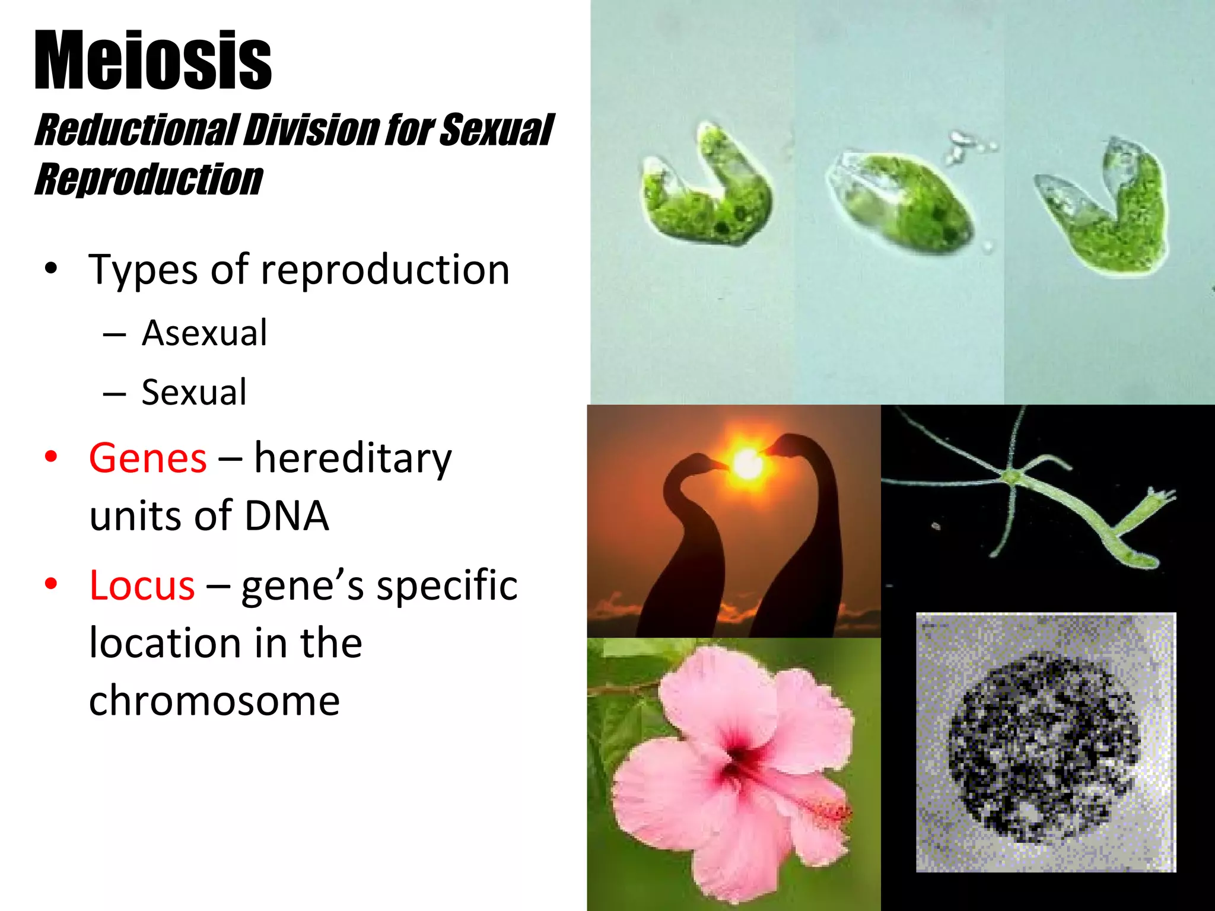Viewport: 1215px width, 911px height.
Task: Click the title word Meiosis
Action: click(153, 61)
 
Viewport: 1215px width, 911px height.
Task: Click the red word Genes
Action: click(148, 458)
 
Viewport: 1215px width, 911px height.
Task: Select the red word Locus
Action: click(142, 585)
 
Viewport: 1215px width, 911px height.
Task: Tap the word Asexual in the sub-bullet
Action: click(204, 333)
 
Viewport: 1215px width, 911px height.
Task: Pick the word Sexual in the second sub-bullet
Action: click(193, 392)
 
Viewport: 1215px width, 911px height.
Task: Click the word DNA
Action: click(286, 515)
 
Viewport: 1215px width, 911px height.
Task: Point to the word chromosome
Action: click(214, 700)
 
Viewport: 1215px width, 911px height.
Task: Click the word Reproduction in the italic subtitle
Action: click(148, 179)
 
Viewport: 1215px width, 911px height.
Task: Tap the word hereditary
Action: click(353, 458)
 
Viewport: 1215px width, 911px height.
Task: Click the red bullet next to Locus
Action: click(51, 584)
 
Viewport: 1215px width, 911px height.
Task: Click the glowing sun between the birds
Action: click(747, 463)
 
